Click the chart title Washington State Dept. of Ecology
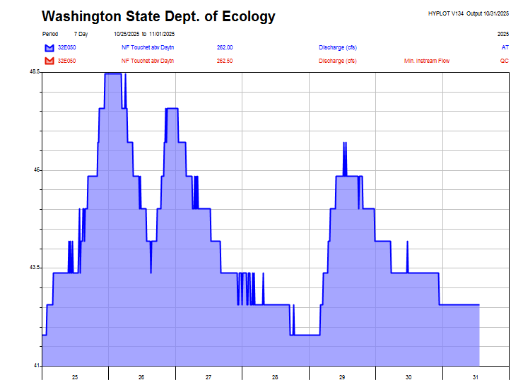[x=158, y=16]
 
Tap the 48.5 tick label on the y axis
[x=35, y=73]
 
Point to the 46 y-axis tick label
[x=37, y=170]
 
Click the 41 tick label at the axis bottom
[x=37, y=365]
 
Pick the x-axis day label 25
[x=75, y=378]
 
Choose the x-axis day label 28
[x=275, y=378]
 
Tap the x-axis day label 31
[x=476, y=378]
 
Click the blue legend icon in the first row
[x=49, y=48]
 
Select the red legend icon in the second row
[x=49, y=61]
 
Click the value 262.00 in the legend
[x=225, y=47]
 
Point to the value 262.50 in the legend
[x=225, y=61]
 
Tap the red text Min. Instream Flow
[x=426, y=61]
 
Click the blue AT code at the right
[x=505, y=47]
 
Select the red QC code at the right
[x=504, y=61]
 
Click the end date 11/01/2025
[x=162, y=34]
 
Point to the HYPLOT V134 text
[x=446, y=13]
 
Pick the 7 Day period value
[x=81, y=34]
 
